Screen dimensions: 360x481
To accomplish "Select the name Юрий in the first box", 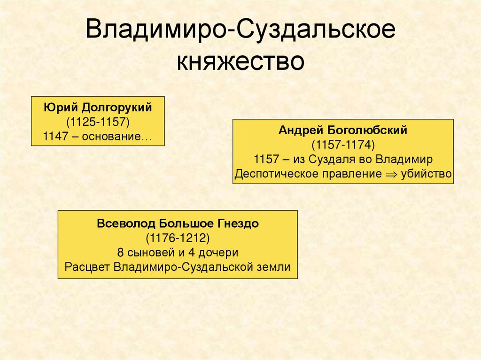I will pyautogui.click(x=61, y=107).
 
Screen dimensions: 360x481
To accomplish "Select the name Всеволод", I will pyautogui.click(x=124, y=223).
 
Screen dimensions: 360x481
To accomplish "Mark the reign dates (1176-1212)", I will pyautogui.click(x=178, y=237).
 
